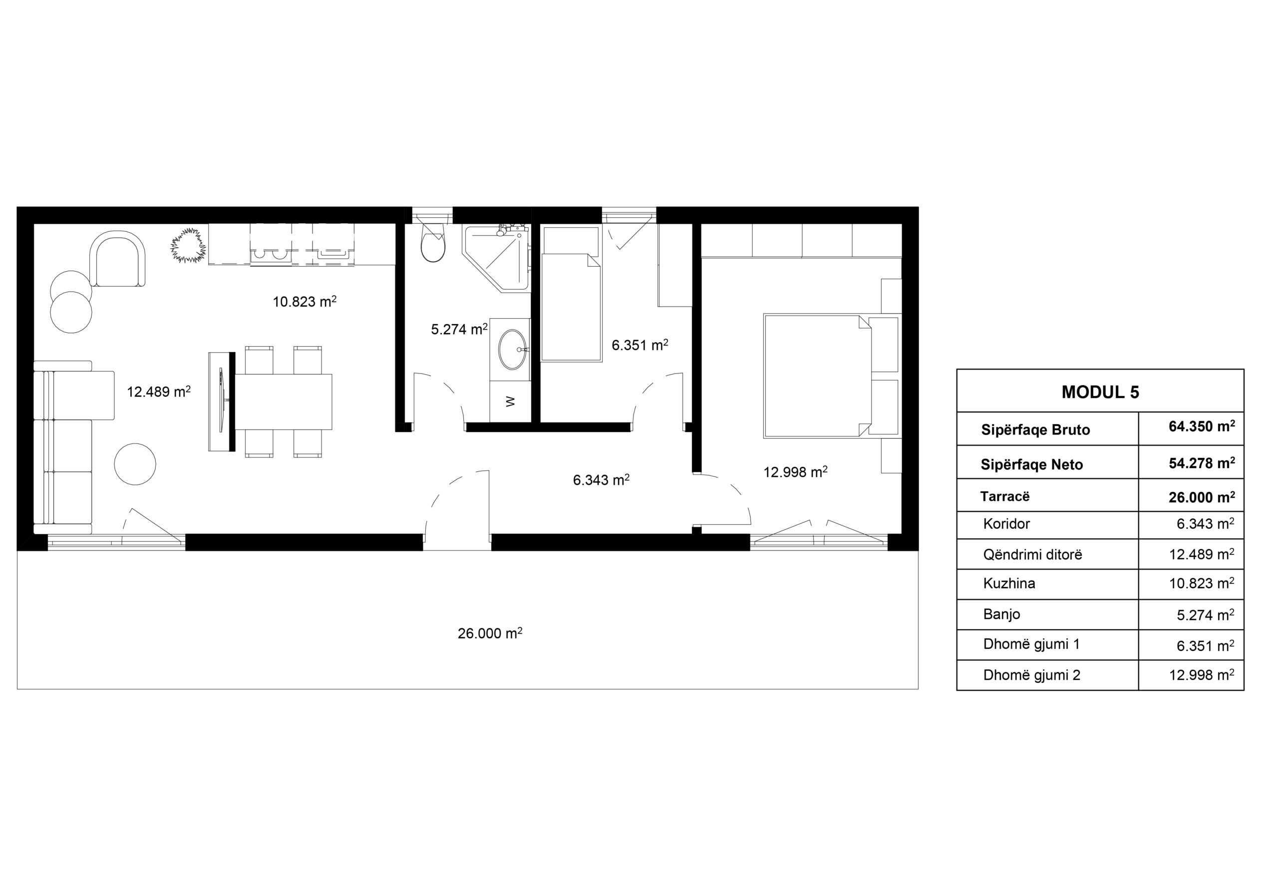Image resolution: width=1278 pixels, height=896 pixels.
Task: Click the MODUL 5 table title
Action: coord(1100,392)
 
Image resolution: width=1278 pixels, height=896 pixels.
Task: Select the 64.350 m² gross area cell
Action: coord(1202,427)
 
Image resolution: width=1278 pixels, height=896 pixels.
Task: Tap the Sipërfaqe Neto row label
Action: coord(1031,464)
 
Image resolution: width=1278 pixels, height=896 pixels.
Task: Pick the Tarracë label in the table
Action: coord(1005,496)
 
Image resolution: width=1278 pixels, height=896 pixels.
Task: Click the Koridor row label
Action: coord(1006,523)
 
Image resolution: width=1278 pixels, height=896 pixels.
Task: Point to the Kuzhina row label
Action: coord(1009,583)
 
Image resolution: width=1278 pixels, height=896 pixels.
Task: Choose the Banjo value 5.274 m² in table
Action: coord(1205,614)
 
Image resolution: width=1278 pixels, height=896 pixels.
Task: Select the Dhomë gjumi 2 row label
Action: coord(1031,675)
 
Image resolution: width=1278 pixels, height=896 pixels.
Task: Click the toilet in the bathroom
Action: coord(433,242)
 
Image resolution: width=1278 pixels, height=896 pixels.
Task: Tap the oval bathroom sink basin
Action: coord(512,349)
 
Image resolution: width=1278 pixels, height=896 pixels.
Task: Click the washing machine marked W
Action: coord(510,401)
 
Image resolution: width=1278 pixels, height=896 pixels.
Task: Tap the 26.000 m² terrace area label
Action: coord(490,633)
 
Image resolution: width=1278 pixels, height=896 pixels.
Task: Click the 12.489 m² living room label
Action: coord(159,392)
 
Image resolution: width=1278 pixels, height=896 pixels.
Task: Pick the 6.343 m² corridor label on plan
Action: coord(601,479)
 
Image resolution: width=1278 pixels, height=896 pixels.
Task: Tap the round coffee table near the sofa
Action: coord(135,464)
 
